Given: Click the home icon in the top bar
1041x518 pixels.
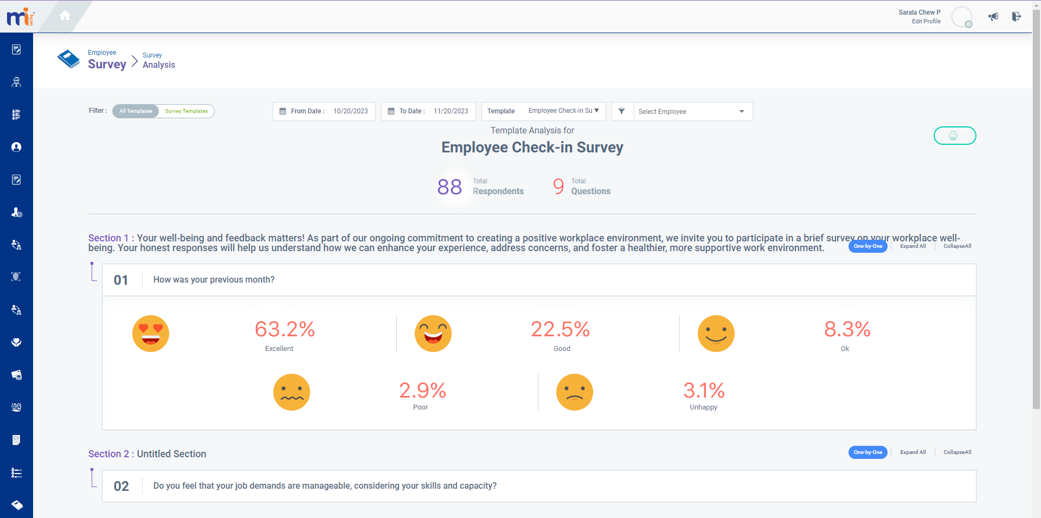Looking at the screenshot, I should click(x=65, y=16).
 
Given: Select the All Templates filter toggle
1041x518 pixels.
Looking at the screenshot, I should click(x=136, y=111).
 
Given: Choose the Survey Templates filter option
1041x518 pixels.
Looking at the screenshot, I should click(x=187, y=111).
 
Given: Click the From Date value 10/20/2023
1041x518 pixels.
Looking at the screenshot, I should click(x=350, y=111).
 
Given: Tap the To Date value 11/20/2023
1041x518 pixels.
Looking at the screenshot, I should click(x=451, y=111).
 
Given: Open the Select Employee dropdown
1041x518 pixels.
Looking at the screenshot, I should click(x=692, y=111).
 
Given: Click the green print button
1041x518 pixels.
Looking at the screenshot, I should click(x=954, y=136).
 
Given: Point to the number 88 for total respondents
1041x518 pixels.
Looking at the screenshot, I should click(x=449, y=187).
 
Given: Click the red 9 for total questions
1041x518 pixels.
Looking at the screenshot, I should click(x=558, y=187).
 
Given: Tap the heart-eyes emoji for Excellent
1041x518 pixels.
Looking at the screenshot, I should click(x=151, y=334).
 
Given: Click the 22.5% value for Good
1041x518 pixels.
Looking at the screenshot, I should click(x=560, y=329).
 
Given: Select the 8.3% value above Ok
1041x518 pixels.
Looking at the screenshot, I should click(x=847, y=329).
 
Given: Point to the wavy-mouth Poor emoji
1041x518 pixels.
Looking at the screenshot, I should click(x=292, y=392).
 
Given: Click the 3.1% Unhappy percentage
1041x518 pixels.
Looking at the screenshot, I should click(x=704, y=391).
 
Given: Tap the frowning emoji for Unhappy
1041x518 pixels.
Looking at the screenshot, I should click(x=575, y=392).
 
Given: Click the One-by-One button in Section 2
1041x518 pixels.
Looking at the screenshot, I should click(x=868, y=452).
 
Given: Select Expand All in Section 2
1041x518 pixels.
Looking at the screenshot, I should click(x=913, y=452).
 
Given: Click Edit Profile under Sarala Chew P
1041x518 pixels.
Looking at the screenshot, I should click(x=926, y=22).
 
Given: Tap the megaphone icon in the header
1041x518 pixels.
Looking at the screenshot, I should click(x=993, y=17).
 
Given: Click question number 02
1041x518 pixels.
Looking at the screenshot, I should click(x=121, y=486).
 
